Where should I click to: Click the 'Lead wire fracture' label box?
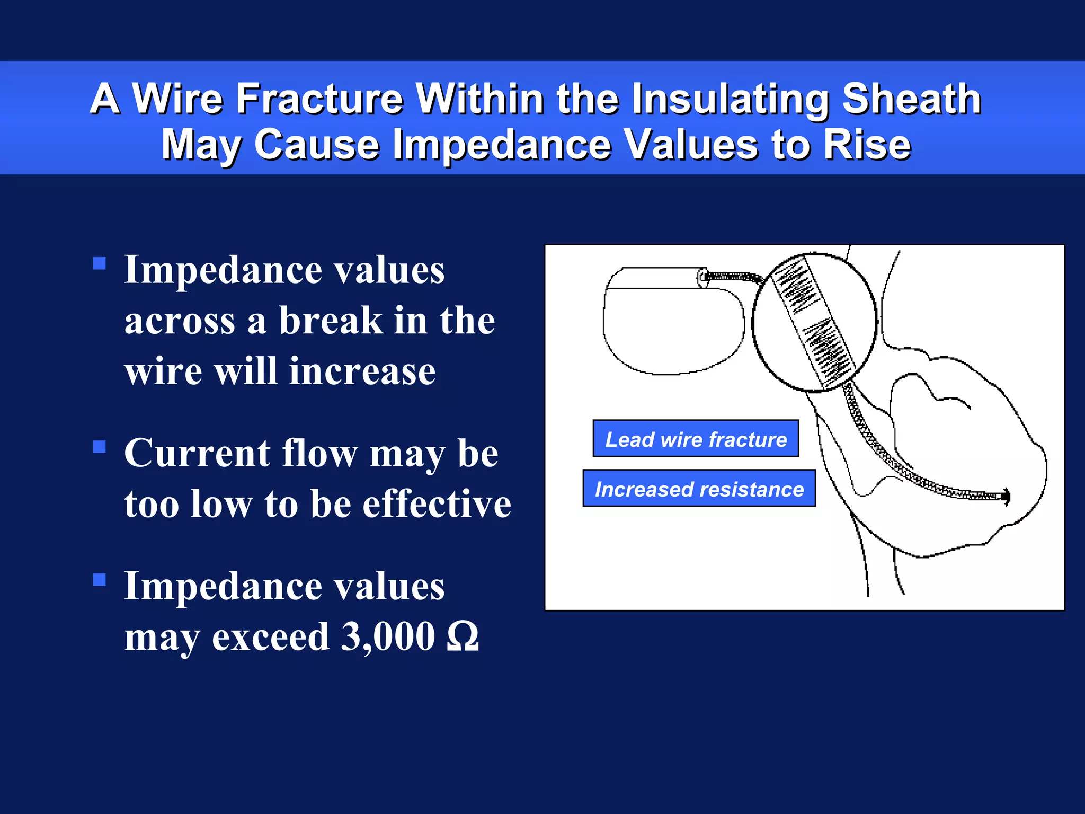(696, 439)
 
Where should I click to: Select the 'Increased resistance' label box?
(699, 489)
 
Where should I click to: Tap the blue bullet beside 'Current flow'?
(100, 447)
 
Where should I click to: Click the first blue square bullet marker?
(100, 263)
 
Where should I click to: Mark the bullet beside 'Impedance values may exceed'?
(100, 579)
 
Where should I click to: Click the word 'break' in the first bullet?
(331, 321)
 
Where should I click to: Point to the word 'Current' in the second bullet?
(197, 454)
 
